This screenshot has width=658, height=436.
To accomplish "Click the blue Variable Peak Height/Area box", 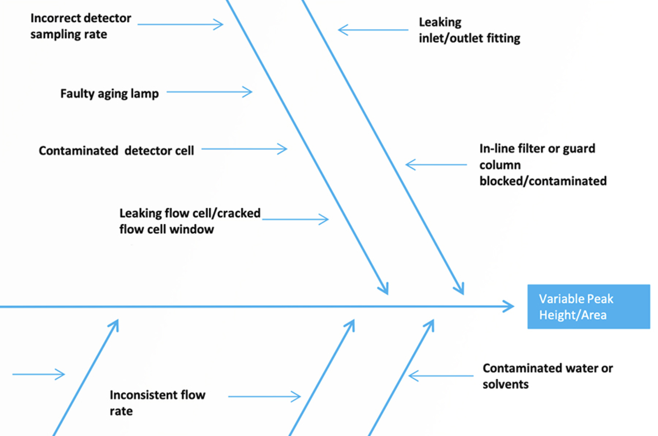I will pyautogui.click(x=588, y=306).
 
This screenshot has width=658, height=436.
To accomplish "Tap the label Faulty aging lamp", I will pyautogui.click(x=109, y=93).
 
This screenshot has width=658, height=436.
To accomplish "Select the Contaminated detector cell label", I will pyautogui.click(x=116, y=151).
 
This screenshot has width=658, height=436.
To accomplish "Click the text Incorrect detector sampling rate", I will pyautogui.click(x=81, y=26).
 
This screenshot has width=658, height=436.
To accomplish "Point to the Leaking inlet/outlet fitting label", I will pyautogui.click(x=469, y=30).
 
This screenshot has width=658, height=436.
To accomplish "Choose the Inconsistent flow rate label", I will pyautogui.click(x=157, y=403).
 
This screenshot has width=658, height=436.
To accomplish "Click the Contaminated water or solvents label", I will pyautogui.click(x=547, y=376).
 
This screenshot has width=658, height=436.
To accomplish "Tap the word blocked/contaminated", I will pyautogui.click(x=543, y=181).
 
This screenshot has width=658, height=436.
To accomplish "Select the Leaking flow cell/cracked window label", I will pyautogui.click(x=190, y=221).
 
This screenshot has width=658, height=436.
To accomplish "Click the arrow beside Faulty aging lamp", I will pyautogui.click(x=209, y=92).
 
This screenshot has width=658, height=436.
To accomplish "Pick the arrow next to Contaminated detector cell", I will pyautogui.click(x=244, y=149).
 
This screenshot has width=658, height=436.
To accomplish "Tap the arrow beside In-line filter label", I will pyautogui.click(x=436, y=165).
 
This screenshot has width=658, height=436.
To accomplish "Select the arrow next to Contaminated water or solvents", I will pyautogui.click(x=440, y=376).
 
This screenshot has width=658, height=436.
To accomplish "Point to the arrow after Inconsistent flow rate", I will pyautogui.click(x=264, y=397).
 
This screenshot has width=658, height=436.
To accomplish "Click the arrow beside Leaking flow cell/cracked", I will pyautogui.click(x=295, y=219).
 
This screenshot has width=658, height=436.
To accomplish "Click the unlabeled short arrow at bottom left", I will pyautogui.click(x=39, y=374).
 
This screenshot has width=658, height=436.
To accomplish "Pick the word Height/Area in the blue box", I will pyautogui.click(x=572, y=315).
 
